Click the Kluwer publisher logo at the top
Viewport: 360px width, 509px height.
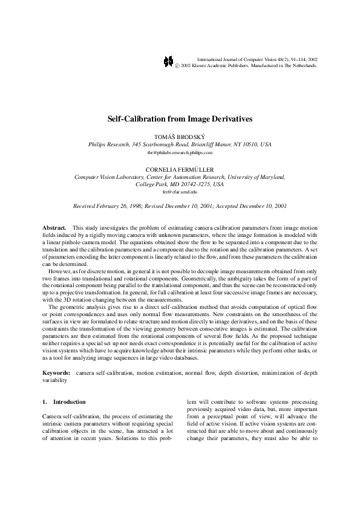tap(169, 62)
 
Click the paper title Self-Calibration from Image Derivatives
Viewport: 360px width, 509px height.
tap(180, 119)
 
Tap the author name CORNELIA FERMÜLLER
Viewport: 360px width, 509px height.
tap(180, 170)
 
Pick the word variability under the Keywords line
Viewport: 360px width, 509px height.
tap(55, 381)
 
